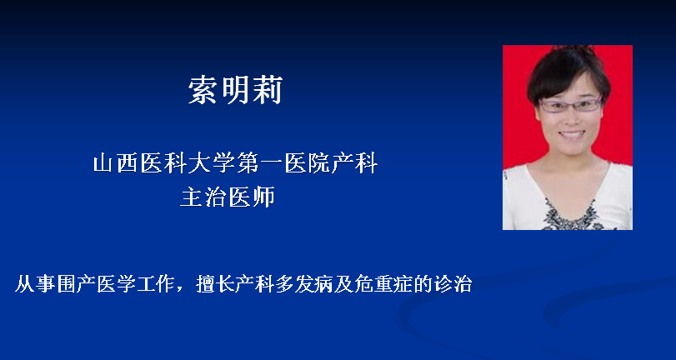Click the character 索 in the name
[x=203, y=90]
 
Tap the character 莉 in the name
[x=268, y=90]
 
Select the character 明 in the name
[x=235, y=90]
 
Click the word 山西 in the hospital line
[x=115, y=164]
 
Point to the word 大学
[x=212, y=164]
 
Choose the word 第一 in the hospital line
[x=259, y=164]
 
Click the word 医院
[x=307, y=164]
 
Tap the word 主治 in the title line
[x=203, y=197]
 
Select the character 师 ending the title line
[x=263, y=197]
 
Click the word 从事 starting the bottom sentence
[x=33, y=284]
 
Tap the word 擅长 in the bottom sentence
[x=214, y=284]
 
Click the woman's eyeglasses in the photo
[x=570, y=105]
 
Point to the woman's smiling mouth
[x=572, y=135]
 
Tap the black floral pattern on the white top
[x=573, y=217]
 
